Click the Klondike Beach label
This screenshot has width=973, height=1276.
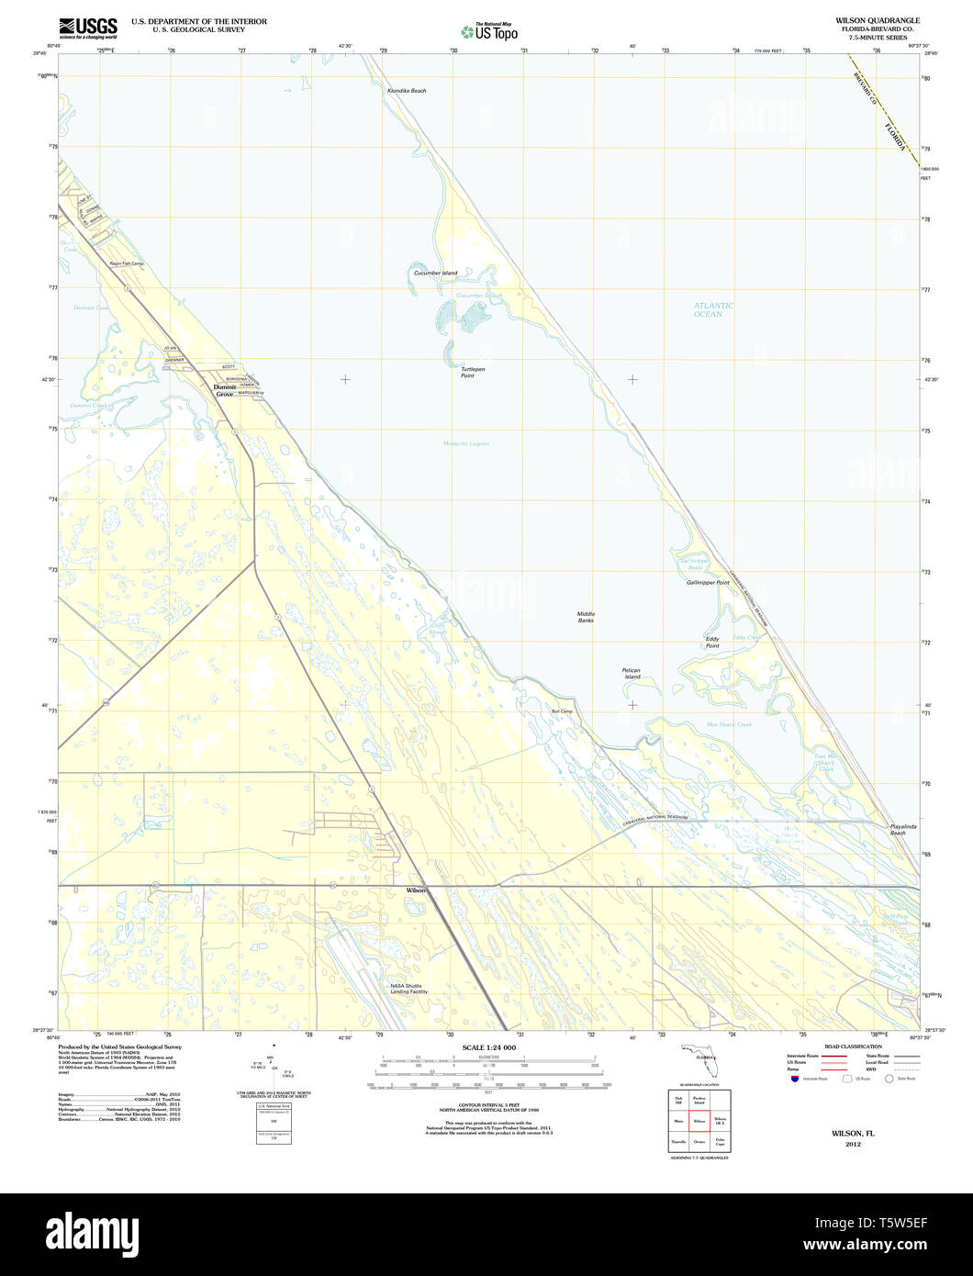click(x=406, y=91)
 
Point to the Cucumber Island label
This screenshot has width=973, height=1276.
click(x=435, y=273)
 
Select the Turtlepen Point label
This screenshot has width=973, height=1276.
click(x=473, y=373)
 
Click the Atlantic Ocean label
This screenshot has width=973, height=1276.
click(x=713, y=309)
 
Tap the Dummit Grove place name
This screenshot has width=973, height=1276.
click(x=225, y=390)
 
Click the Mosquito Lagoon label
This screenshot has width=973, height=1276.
click(x=466, y=443)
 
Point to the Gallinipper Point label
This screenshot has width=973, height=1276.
click(x=708, y=583)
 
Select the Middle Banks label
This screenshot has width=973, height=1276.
click(x=586, y=617)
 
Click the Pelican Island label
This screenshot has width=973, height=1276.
click(x=631, y=673)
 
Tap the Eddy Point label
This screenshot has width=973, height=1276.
click(x=712, y=643)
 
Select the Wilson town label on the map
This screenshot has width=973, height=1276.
click(x=416, y=890)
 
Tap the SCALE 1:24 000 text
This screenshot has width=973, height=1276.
click(x=488, y=1048)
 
